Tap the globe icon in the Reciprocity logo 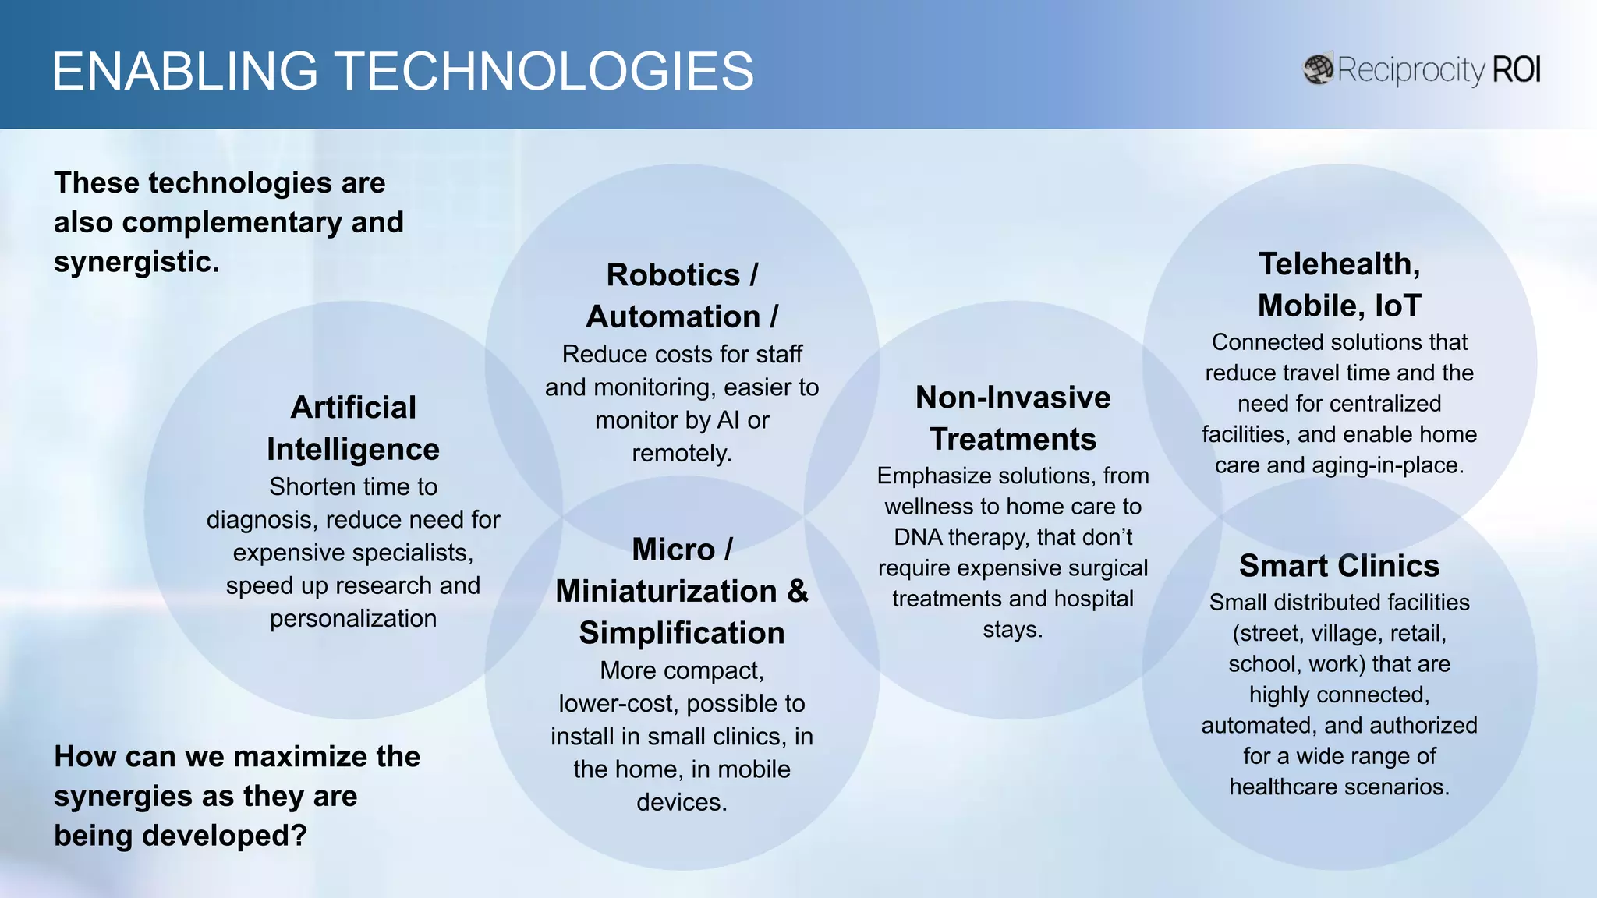click(x=1318, y=69)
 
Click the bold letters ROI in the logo click(x=1517, y=69)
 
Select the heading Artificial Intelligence click(x=353, y=428)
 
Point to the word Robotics click(x=673, y=275)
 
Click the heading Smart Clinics click(x=1339, y=565)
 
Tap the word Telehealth click(x=1339, y=264)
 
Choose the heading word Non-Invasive click(x=1013, y=398)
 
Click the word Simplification click(x=682, y=633)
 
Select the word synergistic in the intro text click(x=135, y=262)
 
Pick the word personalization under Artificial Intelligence click(x=353, y=619)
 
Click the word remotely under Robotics click(x=682, y=453)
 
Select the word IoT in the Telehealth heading click(x=1398, y=306)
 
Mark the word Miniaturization click(x=666, y=591)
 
